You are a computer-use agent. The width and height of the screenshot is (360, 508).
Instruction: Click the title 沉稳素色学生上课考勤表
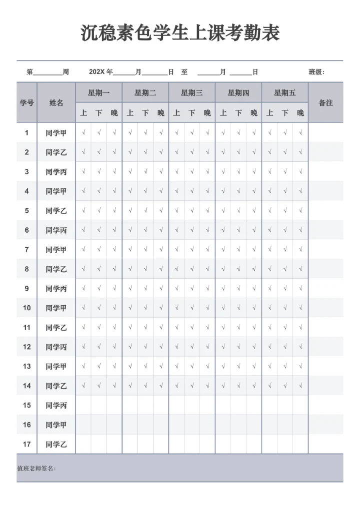point(180,33)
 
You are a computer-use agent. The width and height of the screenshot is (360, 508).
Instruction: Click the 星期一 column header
point(98,93)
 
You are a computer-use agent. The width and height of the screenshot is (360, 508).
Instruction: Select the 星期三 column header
point(191,93)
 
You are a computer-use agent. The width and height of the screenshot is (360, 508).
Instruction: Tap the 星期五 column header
point(285,93)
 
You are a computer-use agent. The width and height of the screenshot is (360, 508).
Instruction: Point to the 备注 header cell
point(325,103)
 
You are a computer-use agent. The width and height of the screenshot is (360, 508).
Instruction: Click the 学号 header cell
point(26,103)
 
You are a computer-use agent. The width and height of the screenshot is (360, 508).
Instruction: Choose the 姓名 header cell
point(56,103)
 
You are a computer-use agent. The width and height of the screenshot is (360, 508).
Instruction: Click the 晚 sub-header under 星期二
point(160,113)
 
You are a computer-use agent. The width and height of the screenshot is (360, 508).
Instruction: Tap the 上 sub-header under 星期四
point(223,113)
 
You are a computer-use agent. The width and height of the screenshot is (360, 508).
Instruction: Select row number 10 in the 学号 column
point(26,308)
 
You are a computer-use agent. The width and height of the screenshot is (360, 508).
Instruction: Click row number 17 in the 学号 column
point(26,444)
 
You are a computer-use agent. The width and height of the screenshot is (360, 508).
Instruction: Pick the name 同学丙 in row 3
point(56,172)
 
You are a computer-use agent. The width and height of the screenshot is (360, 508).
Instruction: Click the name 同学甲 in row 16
point(56,425)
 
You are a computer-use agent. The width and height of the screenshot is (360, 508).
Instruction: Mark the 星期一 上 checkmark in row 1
point(83,133)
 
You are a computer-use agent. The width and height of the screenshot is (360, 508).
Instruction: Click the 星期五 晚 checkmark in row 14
point(300,386)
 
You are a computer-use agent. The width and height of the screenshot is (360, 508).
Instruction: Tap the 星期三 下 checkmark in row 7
point(192,250)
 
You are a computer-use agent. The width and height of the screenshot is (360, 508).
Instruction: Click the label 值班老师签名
point(36,469)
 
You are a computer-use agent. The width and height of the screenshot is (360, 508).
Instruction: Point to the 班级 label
point(316,72)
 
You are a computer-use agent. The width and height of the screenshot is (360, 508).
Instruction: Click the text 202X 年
point(101,72)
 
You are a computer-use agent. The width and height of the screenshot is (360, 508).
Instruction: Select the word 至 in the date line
point(184,72)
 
